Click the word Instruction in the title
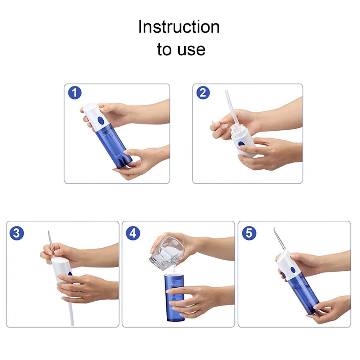click(x=179, y=27)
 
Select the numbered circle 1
click(x=75, y=93)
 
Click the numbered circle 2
click(x=203, y=93)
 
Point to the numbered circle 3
click(x=17, y=233)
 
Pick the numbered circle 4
click(x=133, y=233)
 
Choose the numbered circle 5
click(x=249, y=233)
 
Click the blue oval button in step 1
click(x=100, y=120)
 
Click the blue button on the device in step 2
click(x=241, y=144)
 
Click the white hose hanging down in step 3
click(x=71, y=311)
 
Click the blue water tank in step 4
click(x=175, y=297)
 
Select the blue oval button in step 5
click(x=293, y=270)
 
